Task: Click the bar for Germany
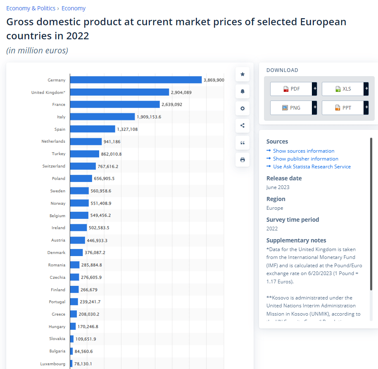click(136, 80)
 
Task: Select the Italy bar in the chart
click(102, 117)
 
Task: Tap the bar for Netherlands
click(86, 141)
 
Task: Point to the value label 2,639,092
click(172, 105)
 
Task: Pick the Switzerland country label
click(54, 166)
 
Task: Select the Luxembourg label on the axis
click(52, 364)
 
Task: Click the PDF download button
click(291, 89)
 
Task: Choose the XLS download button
click(343, 89)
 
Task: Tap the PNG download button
click(291, 108)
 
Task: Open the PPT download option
click(343, 108)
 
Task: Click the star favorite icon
click(242, 74)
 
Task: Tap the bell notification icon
click(242, 91)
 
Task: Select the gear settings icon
click(242, 108)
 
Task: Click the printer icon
click(242, 160)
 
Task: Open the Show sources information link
click(304, 151)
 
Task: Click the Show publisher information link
click(305, 159)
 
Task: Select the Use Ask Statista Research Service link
click(311, 167)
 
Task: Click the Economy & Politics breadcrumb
click(31, 8)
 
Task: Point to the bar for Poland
click(81, 178)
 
